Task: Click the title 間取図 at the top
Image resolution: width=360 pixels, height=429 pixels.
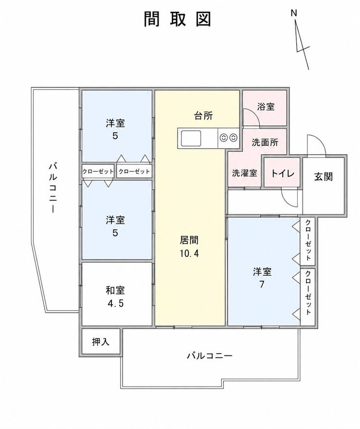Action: pyautogui.click(x=178, y=19)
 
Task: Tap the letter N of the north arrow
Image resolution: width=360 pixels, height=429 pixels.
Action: pyautogui.click(x=294, y=13)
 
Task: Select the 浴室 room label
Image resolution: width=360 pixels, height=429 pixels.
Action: pyautogui.click(x=266, y=107)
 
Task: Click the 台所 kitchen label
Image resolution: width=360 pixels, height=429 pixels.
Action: pyautogui.click(x=203, y=115)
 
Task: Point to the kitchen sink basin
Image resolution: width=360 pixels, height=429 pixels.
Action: pyautogui.click(x=191, y=139)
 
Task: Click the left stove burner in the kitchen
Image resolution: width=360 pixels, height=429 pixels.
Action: pyautogui.click(x=223, y=138)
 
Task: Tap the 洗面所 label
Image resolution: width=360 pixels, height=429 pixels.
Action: pyautogui.click(x=265, y=142)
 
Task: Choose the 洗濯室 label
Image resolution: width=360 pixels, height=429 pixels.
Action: pyautogui.click(x=244, y=173)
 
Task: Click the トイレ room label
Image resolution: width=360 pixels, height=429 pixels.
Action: pyautogui.click(x=283, y=173)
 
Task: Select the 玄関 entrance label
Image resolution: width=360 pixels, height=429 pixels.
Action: pyautogui.click(x=324, y=177)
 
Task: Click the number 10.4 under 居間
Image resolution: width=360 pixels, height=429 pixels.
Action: pyautogui.click(x=189, y=253)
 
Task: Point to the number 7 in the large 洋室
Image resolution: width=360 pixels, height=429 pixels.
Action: pyautogui.click(x=262, y=285)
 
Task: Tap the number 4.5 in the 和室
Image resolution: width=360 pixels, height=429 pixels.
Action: pyautogui.click(x=115, y=304)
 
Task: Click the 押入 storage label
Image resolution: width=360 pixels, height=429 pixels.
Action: pyautogui.click(x=101, y=341)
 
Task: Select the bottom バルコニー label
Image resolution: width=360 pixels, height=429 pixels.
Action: pyautogui.click(x=210, y=356)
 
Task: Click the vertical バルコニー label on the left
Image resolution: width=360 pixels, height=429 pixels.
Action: pyautogui.click(x=53, y=187)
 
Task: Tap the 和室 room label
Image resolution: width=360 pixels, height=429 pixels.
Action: pyautogui.click(x=115, y=290)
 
